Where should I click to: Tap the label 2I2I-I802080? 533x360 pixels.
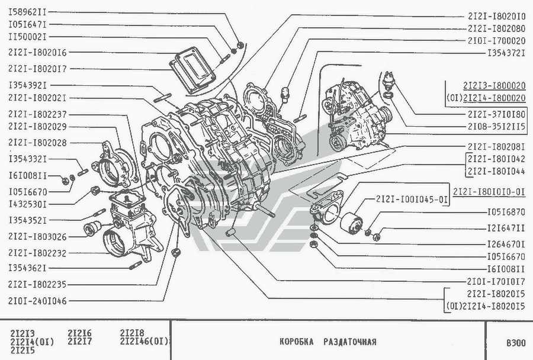pos(496,28)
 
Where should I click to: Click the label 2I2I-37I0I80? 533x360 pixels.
pos(496,113)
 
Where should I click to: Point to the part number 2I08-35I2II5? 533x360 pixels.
pos(496,127)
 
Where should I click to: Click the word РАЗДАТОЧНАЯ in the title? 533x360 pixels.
pos(349,342)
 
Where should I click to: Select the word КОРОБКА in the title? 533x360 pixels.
pos(297,342)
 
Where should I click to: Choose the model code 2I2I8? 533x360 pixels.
pos(132,332)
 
